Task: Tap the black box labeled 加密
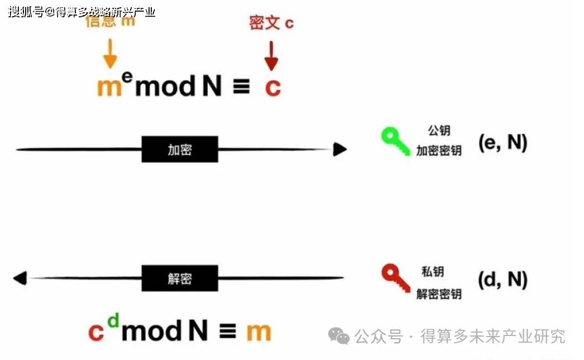click(180, 149)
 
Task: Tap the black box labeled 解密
click(180, 277)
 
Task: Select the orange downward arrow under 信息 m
click(110, 54)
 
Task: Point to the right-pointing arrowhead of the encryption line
click(339, 149)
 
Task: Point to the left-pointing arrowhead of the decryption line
click(20, 278)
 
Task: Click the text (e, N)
click(502, 143)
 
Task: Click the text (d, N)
click(502, 280)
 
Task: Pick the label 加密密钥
click(439, 151)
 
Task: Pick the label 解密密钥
click(439, 294)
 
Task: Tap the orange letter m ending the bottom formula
click(259, 332)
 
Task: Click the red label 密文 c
click(271, 23)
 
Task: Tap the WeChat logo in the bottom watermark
click(338, 335)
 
